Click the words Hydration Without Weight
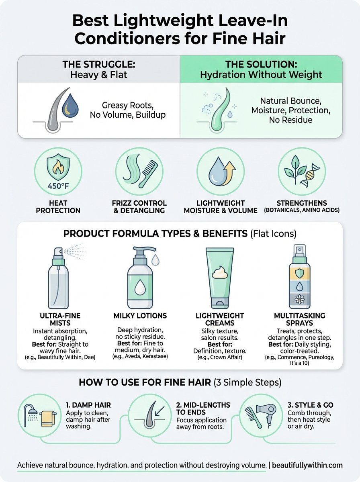click(x=261, y=74)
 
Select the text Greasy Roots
click(x=127, y=105)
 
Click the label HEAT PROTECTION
click(x=58, y=207)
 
